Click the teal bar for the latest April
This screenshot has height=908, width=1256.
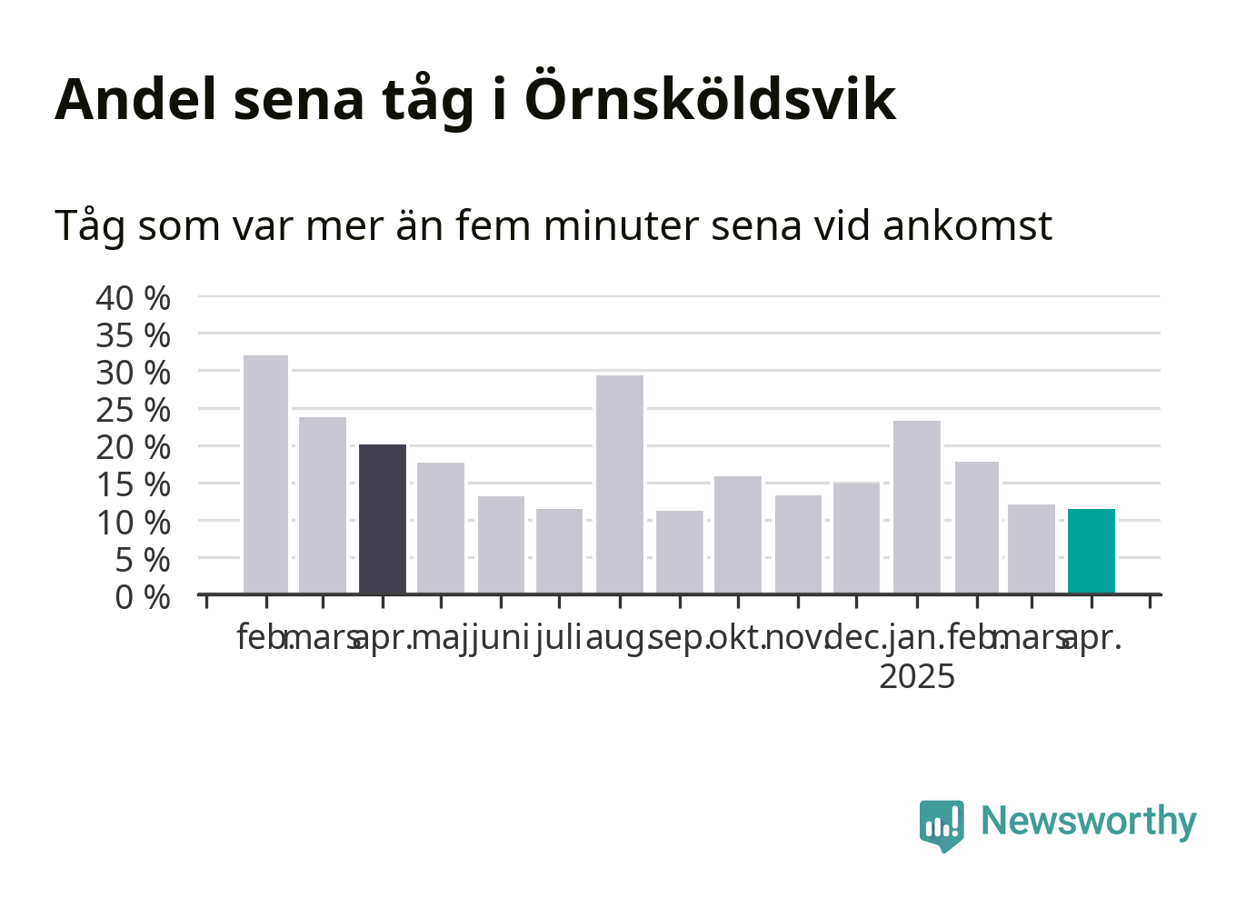(x=1091, y=551)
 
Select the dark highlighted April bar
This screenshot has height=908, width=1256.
(x=383, y=519)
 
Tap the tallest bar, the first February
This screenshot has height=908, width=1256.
(x=265, y=474)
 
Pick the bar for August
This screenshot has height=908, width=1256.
(x=620, y=484)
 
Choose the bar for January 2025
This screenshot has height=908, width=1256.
(x=917, y=507)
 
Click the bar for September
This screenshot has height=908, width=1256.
(x=680, y=552)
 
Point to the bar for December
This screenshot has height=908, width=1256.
(x=856, y=537)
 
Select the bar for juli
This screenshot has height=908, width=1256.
(x=559, y=551)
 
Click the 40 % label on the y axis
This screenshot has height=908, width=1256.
(x=133, y=298)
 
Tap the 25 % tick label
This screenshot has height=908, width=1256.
(x=133, y=411)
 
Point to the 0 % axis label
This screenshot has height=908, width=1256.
(x=143, y=597)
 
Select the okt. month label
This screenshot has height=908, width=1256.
(x=737, y=638)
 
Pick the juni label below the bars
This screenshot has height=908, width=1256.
(x=499, y=639)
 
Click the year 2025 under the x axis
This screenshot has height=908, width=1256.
(x=917, y=676)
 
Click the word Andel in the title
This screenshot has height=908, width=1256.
(x=135, y=99)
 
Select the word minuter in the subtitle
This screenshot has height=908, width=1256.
(x=621, y=226)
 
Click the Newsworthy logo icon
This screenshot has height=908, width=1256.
(x=942, y=826)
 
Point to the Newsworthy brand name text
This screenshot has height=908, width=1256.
(x=1089, y=822)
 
